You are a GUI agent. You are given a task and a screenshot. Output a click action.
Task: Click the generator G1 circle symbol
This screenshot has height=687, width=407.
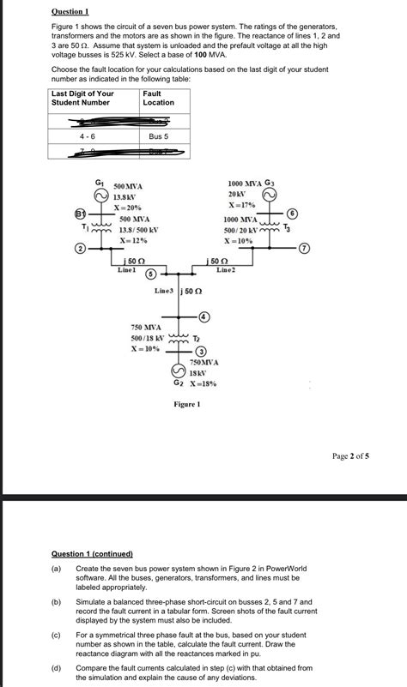(101, 196)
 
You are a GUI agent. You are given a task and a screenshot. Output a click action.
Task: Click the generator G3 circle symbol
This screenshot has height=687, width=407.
(270, 196)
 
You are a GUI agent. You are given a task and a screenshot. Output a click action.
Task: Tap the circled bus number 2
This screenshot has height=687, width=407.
(80, 249)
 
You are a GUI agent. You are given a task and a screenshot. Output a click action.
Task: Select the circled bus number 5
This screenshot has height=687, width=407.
(150, 274)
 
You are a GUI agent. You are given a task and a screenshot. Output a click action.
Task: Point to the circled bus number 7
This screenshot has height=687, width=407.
(302, 249)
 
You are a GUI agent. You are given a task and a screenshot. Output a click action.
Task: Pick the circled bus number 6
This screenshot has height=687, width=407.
(292, 212)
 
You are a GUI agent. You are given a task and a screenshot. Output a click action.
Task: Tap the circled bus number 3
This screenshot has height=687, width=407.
(200, 351)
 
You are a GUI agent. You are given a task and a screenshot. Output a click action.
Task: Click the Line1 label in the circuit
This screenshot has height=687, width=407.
(127, 269)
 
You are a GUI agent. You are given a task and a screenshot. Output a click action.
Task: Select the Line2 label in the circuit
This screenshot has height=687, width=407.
(226, 269)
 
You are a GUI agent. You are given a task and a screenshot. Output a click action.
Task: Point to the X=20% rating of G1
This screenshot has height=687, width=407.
(128, 208)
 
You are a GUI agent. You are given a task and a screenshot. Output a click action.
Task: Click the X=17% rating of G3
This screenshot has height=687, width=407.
(241, 206)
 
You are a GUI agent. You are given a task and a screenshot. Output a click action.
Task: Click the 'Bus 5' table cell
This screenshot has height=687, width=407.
(159, 136)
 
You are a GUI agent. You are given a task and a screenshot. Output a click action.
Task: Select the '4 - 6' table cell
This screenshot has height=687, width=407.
(88, 136)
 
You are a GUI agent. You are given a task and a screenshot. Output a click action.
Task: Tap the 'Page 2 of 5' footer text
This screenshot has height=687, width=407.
(351, 456)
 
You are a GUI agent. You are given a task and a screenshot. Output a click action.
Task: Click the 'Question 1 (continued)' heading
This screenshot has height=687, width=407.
(93, 554)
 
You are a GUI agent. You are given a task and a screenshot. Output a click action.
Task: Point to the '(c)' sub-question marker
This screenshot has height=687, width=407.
(57, 634)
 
